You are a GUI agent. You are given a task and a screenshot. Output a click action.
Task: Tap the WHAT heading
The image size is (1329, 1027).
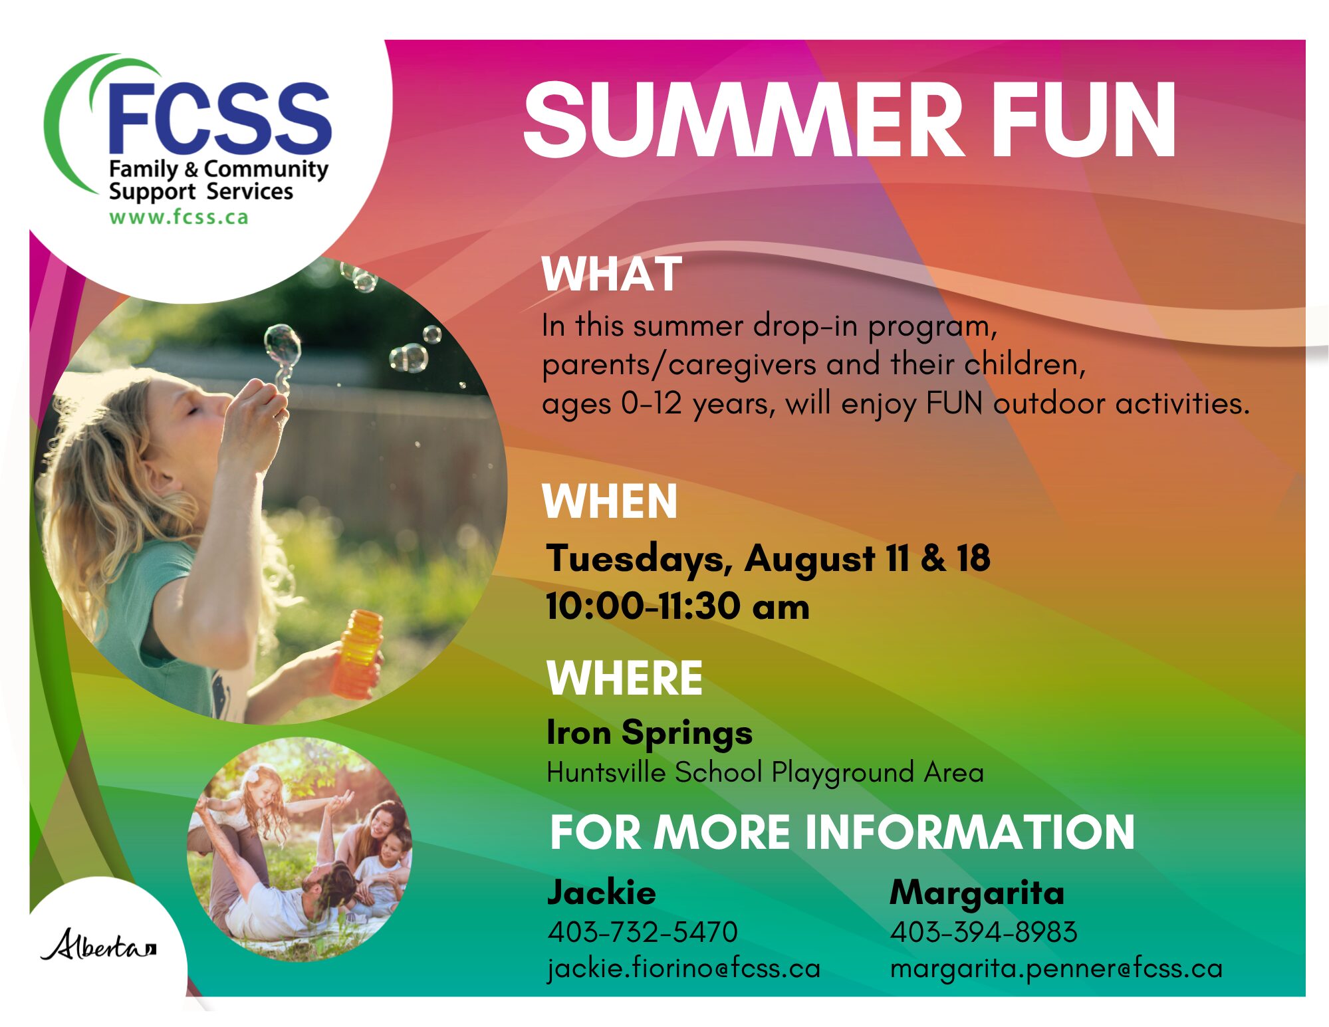[612, 274]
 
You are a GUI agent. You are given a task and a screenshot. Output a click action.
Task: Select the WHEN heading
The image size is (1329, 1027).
[610, 501]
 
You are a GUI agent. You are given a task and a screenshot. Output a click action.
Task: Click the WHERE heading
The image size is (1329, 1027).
[624, 678]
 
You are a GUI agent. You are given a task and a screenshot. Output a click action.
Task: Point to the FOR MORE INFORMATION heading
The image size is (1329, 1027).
[842, 832]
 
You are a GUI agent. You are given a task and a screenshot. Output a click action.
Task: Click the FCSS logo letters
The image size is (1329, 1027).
[219, 118]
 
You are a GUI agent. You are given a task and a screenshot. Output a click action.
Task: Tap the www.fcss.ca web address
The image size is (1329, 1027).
[179, 217]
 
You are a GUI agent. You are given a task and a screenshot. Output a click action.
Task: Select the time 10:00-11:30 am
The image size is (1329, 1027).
[677, 606]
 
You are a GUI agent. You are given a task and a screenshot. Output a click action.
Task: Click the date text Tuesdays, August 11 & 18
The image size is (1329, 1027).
[768, 558]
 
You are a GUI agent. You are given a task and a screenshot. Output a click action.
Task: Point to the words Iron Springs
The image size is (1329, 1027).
[650, 734]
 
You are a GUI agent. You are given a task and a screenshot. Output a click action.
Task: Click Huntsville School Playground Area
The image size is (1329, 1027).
[765, 772]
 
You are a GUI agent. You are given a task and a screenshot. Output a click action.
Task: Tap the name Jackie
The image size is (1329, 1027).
[602, 893]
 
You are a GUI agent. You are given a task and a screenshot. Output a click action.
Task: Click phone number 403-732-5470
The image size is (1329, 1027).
[643, 932]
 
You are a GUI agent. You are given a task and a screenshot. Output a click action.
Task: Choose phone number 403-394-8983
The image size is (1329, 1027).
[984, 932]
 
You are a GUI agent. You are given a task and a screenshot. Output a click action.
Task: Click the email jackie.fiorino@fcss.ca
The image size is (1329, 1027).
[684, 968]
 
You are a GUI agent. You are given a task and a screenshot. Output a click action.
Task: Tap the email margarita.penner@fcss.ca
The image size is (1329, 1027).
[1056, 969]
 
